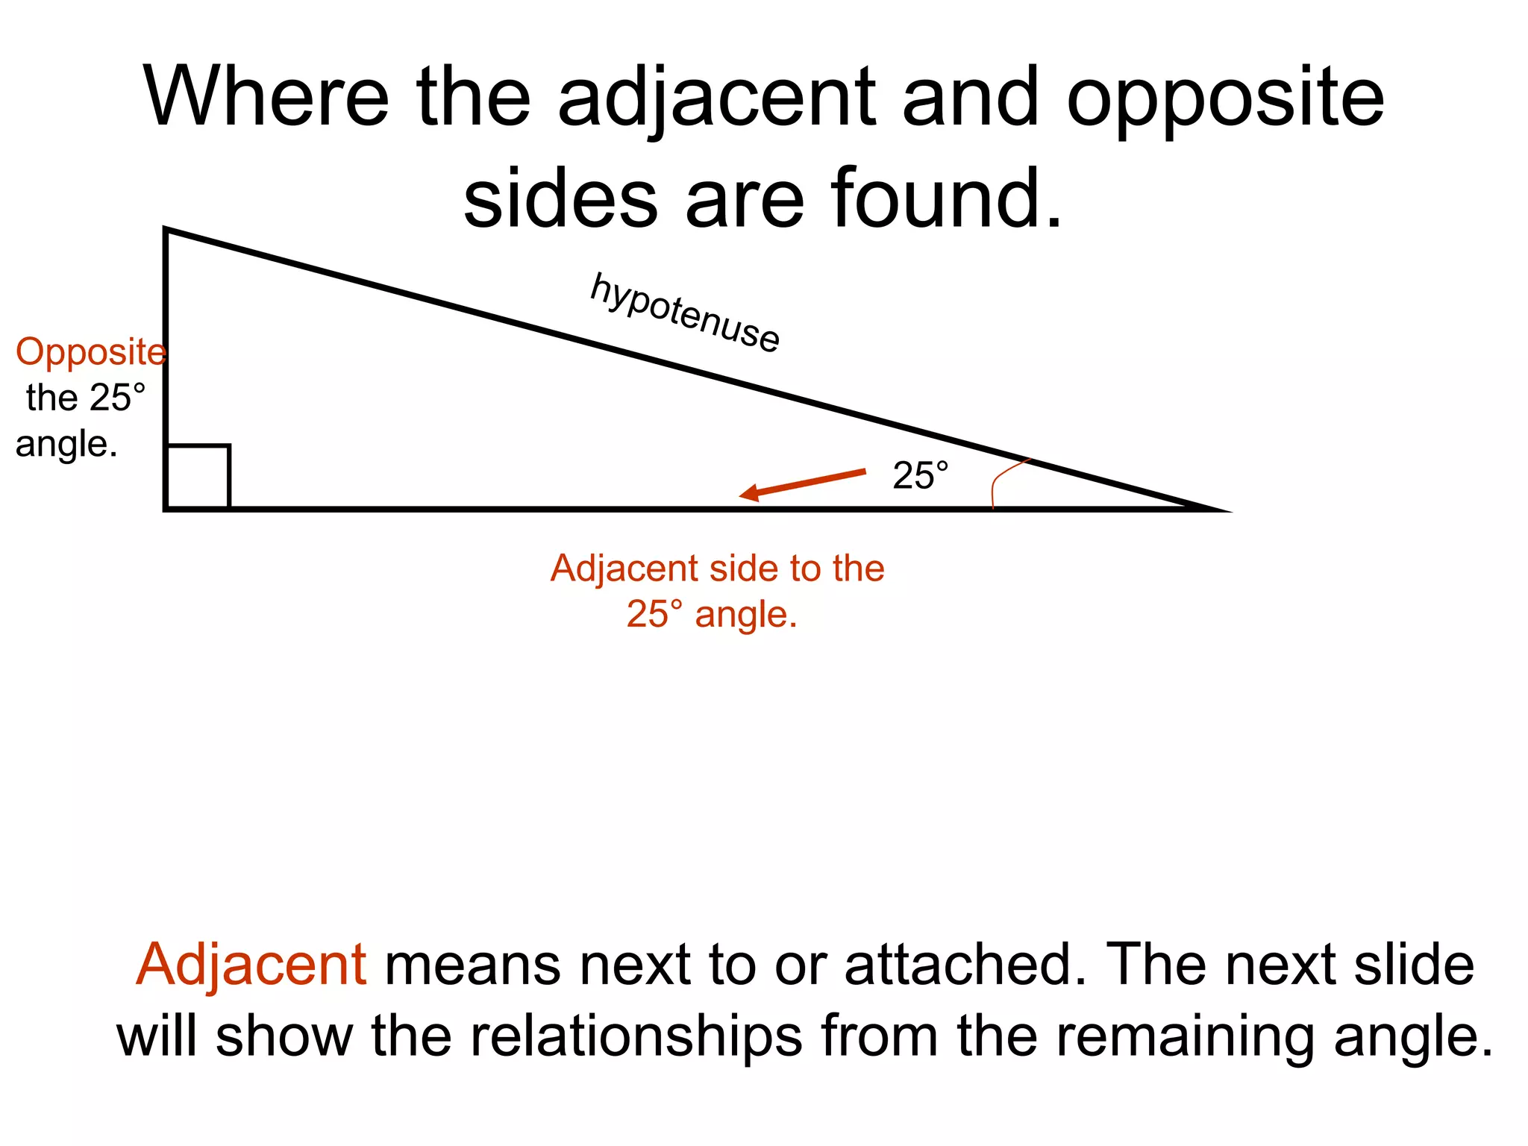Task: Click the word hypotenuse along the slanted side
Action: pyautogui.click(x=684, y=313)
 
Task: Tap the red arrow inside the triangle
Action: pyautogui.click(x=802, y=483)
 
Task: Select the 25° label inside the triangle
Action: pyautogui.click(x=920, y=476)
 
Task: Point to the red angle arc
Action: pyautogui.click(x=1000, y=478)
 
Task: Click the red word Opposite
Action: pyautogui.click(x=90, y=352)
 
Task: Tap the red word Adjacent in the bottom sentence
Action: pyautogui.click(x=251, y=965)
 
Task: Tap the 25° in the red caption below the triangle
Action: pyautogui.click(x=654, y=615)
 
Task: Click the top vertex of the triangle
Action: pyautogui.click(x=166, y=230)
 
